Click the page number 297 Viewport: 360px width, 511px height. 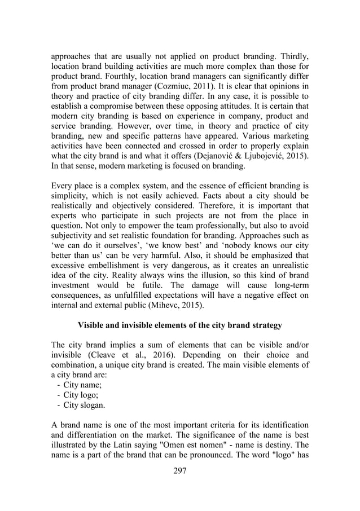(x=180, y=471)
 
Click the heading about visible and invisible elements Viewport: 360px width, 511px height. (x=180, y=324)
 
